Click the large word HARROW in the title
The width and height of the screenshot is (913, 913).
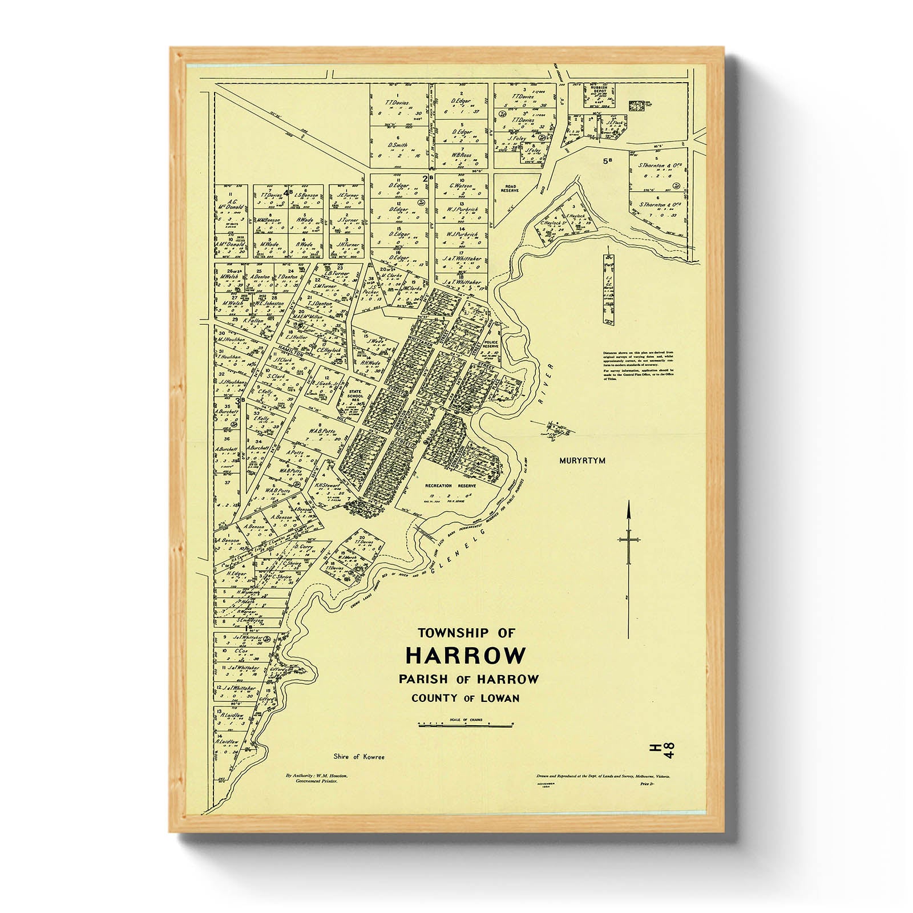465,656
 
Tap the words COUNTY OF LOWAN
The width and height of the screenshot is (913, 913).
465,698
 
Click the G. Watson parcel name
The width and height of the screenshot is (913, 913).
460,186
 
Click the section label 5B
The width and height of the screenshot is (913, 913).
607,161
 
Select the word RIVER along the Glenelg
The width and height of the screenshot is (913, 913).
545,393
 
